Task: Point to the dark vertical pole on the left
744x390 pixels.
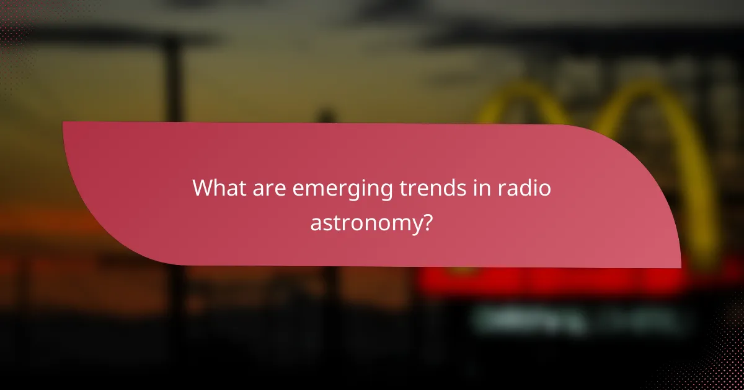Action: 174,80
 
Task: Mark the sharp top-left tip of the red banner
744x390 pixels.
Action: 64,123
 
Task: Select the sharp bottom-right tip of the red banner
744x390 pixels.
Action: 680,267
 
